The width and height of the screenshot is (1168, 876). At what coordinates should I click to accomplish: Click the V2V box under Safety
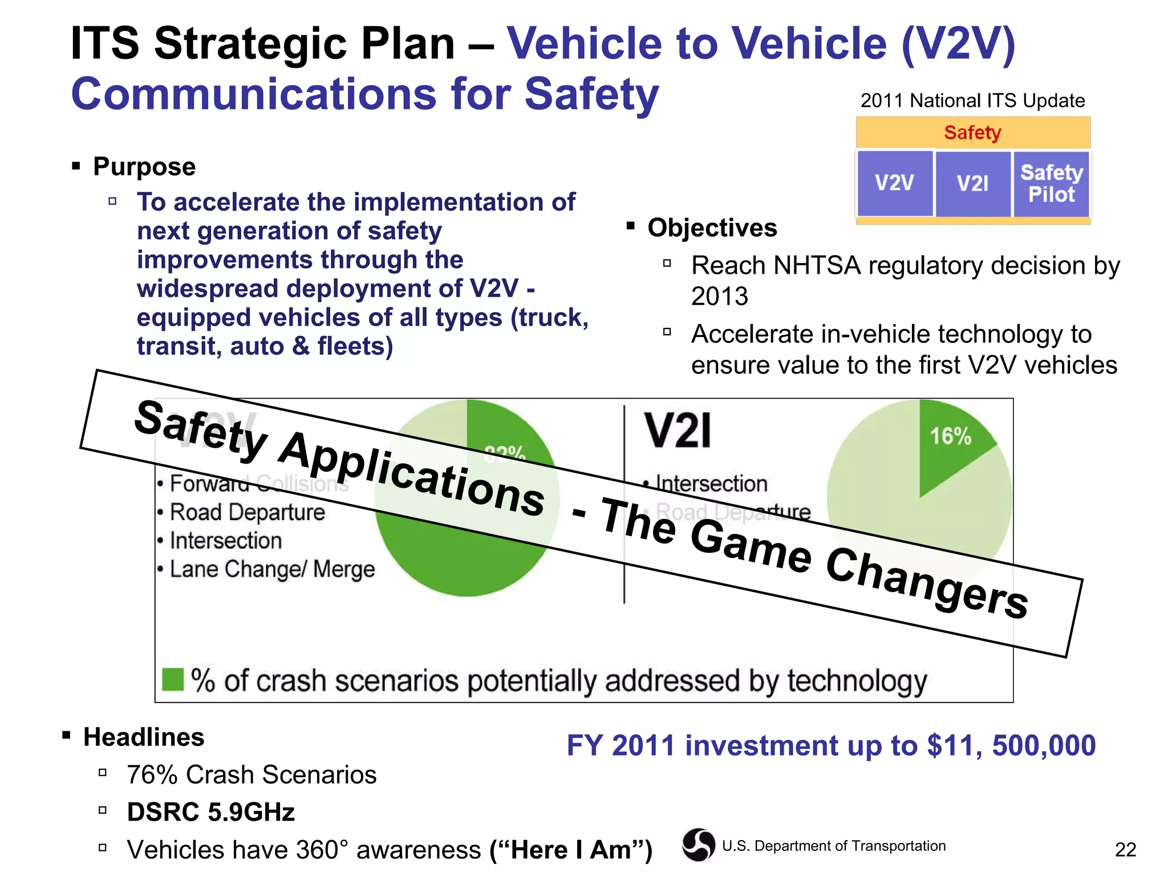(894, 183)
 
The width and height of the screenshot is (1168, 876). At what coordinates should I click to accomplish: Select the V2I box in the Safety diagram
(972, 183)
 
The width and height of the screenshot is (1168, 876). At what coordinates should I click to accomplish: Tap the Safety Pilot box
(1051, 183)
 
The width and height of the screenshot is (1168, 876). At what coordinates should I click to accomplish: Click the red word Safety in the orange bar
(972, 132)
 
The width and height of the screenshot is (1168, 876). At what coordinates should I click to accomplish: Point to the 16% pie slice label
(950, 436)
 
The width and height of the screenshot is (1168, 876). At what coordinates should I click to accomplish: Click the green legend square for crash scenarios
(172, 679)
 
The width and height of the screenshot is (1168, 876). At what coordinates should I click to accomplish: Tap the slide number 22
(1125, 850)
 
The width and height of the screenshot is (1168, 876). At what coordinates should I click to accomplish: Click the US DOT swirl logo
(698, 845)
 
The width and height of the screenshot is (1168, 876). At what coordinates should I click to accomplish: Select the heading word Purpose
(144, 167)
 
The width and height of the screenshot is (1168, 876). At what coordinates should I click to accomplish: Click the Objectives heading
(712, 228)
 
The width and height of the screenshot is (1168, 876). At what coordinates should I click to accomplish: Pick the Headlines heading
(144, 737)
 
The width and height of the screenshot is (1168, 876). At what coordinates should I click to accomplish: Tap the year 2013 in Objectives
(719, 297)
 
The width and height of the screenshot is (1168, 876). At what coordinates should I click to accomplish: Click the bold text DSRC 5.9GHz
(210, 812)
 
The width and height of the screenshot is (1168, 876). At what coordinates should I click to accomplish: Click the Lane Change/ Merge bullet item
(272, 569)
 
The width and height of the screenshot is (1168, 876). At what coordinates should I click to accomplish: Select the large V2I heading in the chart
(678, 431)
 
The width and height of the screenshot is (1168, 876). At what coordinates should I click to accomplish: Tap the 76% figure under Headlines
(152, 774)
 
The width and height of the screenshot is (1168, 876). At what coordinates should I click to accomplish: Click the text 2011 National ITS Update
(972, 100)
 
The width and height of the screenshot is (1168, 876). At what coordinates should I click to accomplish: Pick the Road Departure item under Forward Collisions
(247, 512)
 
